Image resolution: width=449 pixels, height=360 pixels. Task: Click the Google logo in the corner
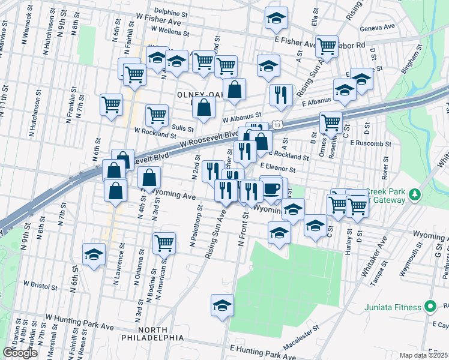20,353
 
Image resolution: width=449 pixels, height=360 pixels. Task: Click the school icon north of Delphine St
276,19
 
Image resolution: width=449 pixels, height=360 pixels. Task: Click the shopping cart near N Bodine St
164,243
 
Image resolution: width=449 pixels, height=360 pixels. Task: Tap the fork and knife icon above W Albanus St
281,94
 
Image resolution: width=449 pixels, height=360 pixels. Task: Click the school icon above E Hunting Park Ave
222,305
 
